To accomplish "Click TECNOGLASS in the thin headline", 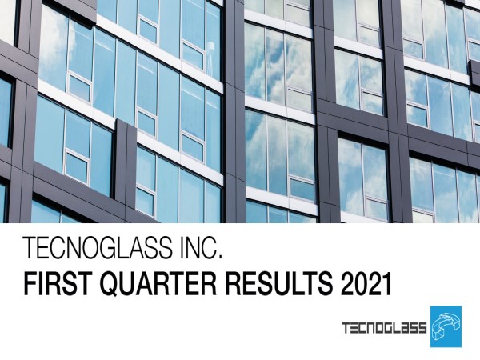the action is [98, 247].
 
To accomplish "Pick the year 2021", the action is [366, 284].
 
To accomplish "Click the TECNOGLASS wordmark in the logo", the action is [384, 328].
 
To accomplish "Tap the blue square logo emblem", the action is [446, 326].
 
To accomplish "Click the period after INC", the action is [219, 257].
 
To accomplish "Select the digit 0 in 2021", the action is [360, 284].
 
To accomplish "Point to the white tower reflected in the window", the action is [210, 59].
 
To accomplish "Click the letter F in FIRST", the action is [30, 284].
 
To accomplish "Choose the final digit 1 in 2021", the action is [387, 284].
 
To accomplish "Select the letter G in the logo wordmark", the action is [386, 328].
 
